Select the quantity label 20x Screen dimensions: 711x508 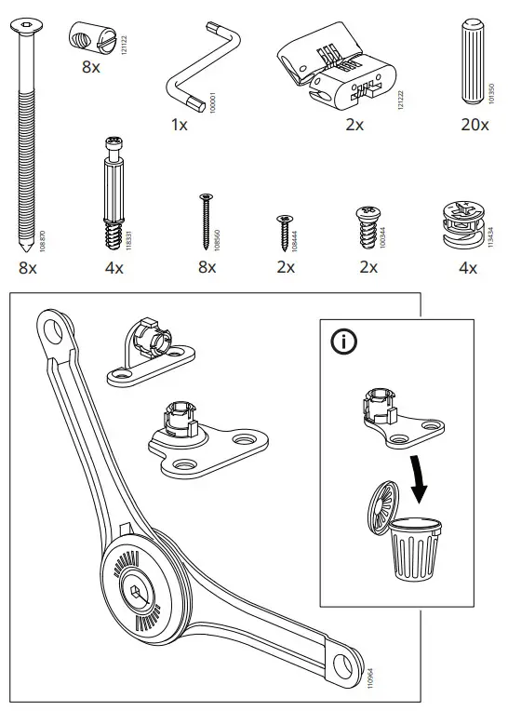[472, 125]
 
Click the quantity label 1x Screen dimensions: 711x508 [179, 125]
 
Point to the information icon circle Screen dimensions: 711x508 [344, 342]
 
